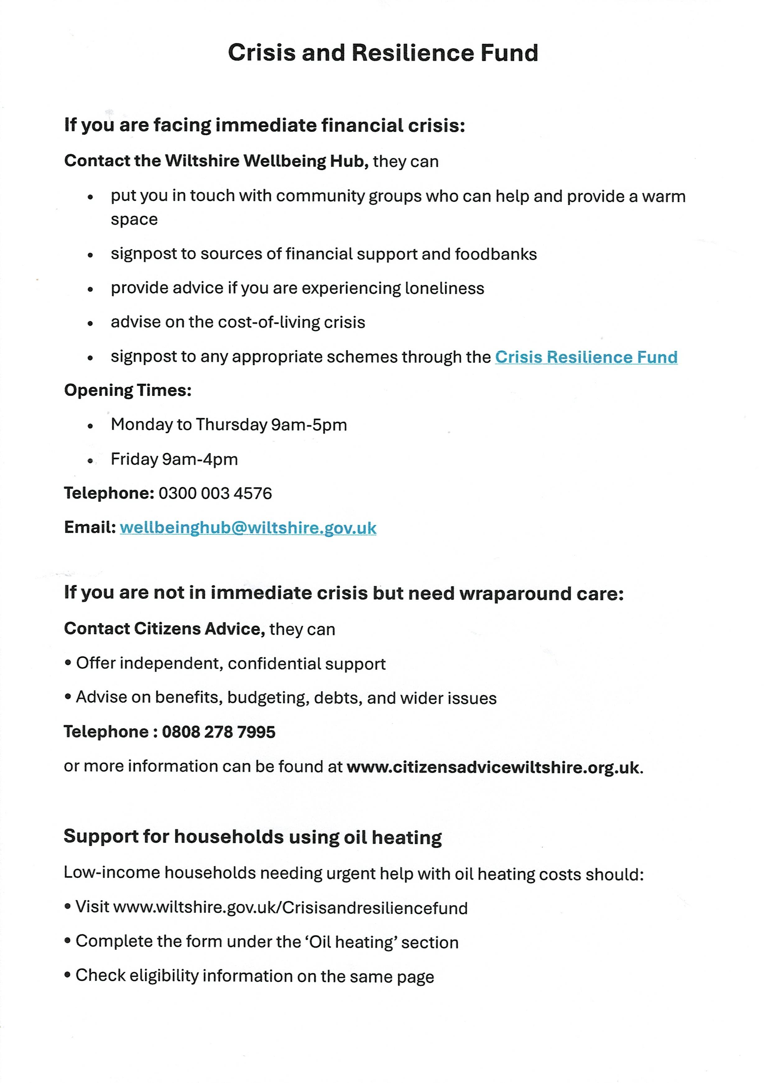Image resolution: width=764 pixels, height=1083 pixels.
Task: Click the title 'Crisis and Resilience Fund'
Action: click(x=383, y=53)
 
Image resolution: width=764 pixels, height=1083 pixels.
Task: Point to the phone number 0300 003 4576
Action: click(x=215, y=493)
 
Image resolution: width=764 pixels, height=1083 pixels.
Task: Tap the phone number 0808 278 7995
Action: click(x=219, y=732)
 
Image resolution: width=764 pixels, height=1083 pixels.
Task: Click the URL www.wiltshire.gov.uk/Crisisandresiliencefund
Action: click(x=290, y=908)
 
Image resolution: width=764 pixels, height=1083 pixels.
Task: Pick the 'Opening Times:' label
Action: click(x=127, y=390)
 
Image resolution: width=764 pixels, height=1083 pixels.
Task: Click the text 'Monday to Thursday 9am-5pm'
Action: click(x=229, y=425)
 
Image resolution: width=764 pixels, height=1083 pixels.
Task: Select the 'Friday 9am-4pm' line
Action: click(x=174, y=459)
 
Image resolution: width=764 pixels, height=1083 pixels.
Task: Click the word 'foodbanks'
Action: click(x=495, y=254)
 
